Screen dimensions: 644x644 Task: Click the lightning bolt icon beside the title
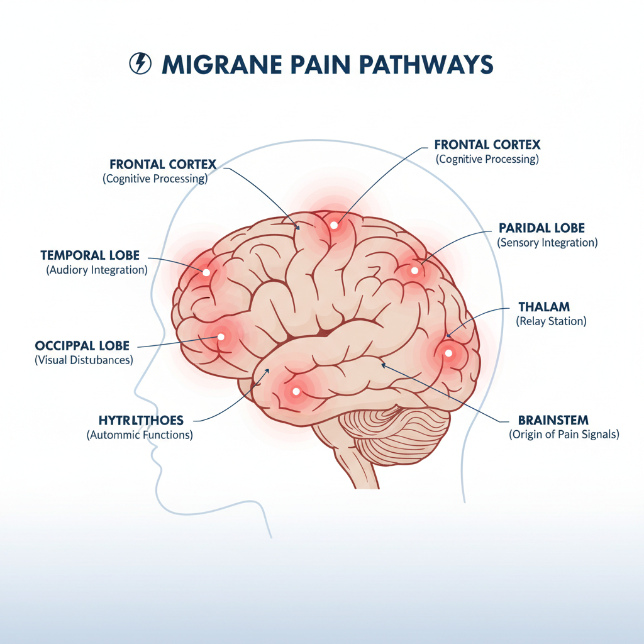pyautogui.click(x=139, y=64)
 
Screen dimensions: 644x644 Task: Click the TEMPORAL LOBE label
pyautogui.click(x=90, y=255)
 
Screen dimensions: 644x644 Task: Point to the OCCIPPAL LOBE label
pyautogui.click(x=82, y=346)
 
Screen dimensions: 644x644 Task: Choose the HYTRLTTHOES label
pyautogui.click(x=141, y=419)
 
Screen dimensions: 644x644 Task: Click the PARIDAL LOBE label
pyautogui.click(x=541, y=227)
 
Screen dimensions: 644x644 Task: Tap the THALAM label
pyautogui.click(x=544, y=307)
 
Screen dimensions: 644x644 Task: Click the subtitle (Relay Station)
pyautogui.click(x=551, y=321)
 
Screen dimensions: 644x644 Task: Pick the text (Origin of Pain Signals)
pyautogui.click(x=563, y=435)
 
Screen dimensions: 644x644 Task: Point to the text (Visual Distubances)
pyautogui.click(x=83, y=360)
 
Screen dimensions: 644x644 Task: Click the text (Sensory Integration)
pyautogui.click(x=547, y=242)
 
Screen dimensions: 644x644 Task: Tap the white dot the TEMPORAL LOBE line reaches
pyautogui.click(x=206, y=272)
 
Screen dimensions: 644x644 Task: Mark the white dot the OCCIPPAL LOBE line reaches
pyautogui.click(x=221, y=336)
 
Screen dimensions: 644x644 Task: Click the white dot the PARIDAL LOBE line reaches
pyautogui.click(x=414, y=271)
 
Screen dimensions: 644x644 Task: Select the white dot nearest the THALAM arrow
pyautogui.click(x=448, y=353)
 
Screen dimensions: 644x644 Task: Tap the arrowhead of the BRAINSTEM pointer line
pyautogui.click(x=383, y=364)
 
